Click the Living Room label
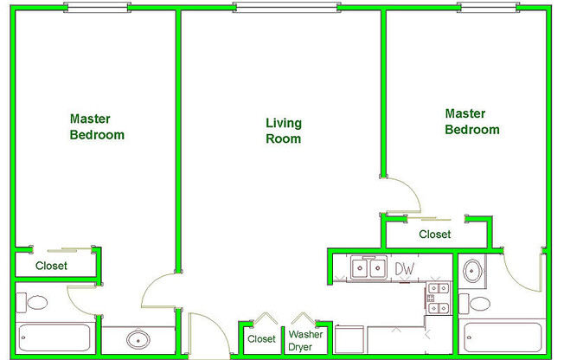(x=284, y=131)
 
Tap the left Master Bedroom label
(x=97, y=126)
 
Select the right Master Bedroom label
(x=472, y=122)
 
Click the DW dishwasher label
(x=405, y=268)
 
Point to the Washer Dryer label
(x=305, y=341)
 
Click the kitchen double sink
(x=369, y=267)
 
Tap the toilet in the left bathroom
(x=32, y=303)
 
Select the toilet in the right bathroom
(x=474, y=304)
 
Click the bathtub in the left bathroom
(x=54, y=337)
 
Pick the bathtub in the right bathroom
(x=503, y=337)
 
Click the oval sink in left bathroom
(x=138, y=339)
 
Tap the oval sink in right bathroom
(x=472, y=271)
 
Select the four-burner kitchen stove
(x=439, y=298)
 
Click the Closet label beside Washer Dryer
(x=261, y=339)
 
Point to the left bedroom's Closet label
(x=51, y=266)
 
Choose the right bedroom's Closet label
(x=435, y=235)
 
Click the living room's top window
(x=286, y=7)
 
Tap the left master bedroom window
(x=97, y=7)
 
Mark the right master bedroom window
(x=488, y=7)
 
